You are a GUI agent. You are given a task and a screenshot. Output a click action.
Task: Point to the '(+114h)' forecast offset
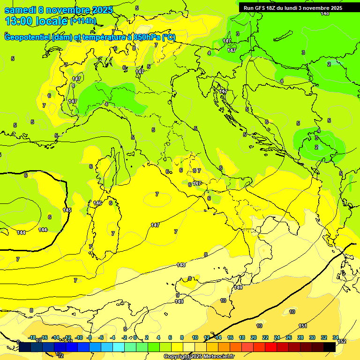[x=82, y=21]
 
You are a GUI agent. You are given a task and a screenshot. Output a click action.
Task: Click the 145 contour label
[x=67, y=210]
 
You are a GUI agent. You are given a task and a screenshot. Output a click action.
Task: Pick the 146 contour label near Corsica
[x=97, y=203]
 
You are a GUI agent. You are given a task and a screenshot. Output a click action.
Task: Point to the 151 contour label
[x=303, y=326]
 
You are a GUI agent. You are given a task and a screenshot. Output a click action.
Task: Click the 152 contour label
[x=342, y=341]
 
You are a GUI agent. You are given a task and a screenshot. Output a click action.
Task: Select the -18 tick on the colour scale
[x=32, y=337]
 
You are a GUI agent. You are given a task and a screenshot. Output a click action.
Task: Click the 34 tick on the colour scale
[x=335, y=337]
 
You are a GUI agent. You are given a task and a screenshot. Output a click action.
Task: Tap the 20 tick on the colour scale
[x=254, y=337]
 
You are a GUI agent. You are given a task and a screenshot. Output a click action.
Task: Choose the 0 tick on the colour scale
[x=135, y=337]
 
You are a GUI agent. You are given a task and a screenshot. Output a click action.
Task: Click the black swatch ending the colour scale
[x=330, y=347]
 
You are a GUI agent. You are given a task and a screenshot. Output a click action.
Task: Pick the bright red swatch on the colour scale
[x=271, y=347]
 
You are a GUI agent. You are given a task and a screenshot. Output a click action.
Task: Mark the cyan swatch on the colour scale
[x=119, y=347]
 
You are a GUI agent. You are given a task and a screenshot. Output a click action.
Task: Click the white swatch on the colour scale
[x=189, y=347]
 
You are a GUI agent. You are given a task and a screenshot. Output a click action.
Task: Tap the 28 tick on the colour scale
[x=300, y=337]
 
